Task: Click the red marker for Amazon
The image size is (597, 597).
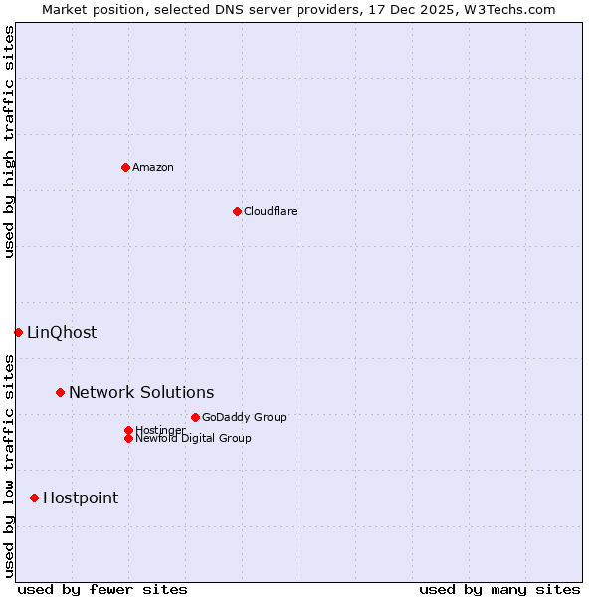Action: click(125, 167)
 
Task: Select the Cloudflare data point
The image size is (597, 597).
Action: click(237, 211)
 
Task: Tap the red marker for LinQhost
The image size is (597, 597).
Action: click(18, 332)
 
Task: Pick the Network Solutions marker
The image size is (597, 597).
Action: click(60, 392)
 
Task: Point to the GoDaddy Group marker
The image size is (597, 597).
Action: click(195, 417)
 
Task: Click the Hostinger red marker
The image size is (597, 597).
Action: click(128, 430)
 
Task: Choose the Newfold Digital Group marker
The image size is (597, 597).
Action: click(128, 438)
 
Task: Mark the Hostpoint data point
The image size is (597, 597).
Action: click(34, 497)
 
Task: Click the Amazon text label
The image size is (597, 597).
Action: click(153, 167)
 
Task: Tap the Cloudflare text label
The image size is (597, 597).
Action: click(271, 211)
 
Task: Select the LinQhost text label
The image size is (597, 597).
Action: click(62, 332)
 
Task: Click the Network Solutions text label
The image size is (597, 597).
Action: click(141, 392)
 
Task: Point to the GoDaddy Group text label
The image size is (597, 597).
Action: click(244, 417)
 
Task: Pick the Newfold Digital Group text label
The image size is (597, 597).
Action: click(194, 439)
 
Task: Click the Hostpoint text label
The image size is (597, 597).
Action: click(81, 497)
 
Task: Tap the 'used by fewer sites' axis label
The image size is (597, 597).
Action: click(102, 589)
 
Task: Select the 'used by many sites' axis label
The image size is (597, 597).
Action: click(499, 589)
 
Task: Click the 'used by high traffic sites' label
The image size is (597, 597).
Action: click(9, 141)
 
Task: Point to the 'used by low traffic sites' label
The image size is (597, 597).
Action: click(9, 466)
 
